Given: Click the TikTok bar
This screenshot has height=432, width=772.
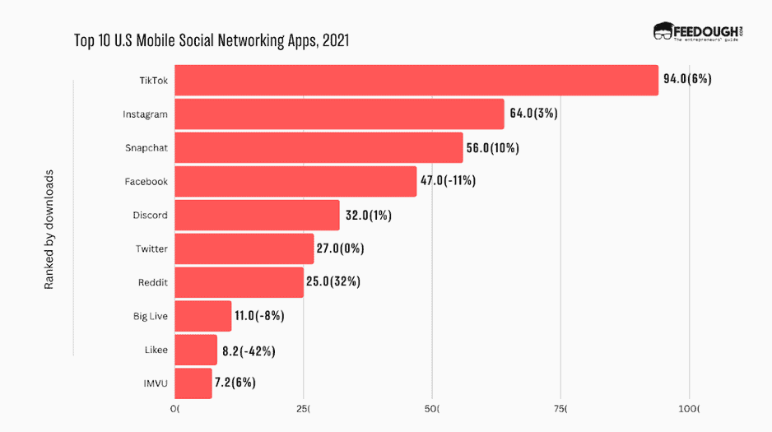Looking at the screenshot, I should (416, 80).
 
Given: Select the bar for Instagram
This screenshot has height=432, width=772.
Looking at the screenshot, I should (339, 114).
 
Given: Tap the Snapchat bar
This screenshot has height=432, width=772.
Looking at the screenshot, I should (319, 147).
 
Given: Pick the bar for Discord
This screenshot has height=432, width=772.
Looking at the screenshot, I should (257, 215).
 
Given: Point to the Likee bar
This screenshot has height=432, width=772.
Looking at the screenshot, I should (196, 350).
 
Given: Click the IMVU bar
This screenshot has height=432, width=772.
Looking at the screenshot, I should (193, 383).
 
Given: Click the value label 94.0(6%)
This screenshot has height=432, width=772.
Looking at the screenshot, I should (687, 79).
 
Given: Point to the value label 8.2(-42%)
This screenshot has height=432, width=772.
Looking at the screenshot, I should (249, 351).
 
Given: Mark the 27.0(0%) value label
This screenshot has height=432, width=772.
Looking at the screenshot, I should (340, 249).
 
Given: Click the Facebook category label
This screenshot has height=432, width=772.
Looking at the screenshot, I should (146, 181).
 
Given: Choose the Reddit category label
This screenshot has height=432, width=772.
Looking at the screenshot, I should (153, 282).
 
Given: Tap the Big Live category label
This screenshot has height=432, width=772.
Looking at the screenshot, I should (151, 316).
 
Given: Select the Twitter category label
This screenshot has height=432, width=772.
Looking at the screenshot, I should (151, 249).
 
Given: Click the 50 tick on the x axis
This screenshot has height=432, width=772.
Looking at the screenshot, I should (432, 408).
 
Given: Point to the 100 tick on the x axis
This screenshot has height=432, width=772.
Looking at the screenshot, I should (689, 408).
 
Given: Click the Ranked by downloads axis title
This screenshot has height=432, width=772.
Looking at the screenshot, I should (49, 230).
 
